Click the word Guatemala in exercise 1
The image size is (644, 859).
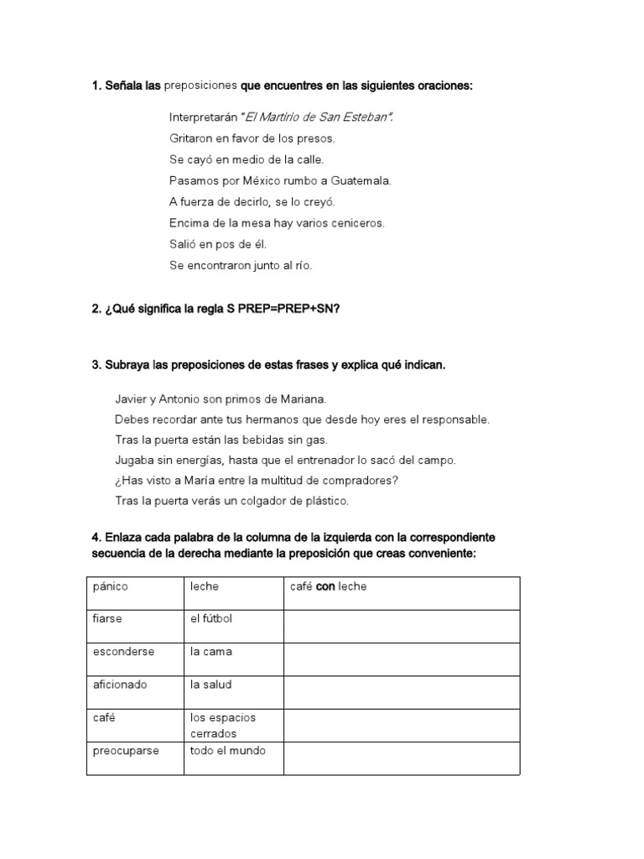[x=360, y=180]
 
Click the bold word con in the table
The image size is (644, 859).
[x=325, y=586]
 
